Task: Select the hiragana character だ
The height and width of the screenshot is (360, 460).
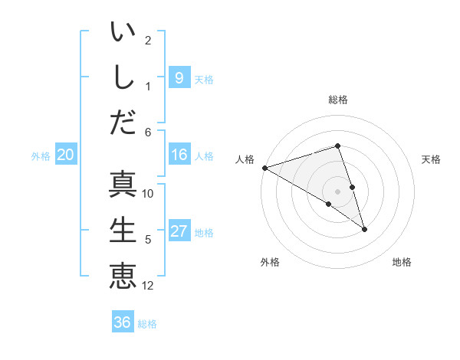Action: [123, 122]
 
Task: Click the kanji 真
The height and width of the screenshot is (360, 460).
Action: [123, 185]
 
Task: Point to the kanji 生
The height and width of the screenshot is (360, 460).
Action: [123, 230]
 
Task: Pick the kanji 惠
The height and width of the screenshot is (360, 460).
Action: [123, 275]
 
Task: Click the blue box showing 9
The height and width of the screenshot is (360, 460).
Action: [179, 77]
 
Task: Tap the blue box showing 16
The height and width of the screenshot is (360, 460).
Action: [179, 155]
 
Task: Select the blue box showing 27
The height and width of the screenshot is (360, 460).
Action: [179, 231]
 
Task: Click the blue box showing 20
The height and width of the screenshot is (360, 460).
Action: [65, 155]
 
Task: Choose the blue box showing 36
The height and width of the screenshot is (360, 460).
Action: [122, 322]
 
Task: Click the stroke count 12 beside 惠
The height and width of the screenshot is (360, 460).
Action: [148, 286]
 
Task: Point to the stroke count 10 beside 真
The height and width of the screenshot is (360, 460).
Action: [148, 194]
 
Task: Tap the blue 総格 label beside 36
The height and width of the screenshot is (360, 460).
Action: [147, 324]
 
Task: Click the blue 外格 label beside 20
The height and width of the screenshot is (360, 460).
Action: [41, 156]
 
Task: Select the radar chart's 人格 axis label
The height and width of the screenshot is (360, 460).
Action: [245, 159]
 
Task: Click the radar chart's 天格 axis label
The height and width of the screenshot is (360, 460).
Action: [431, 159]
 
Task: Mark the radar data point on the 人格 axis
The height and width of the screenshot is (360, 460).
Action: [264, 167]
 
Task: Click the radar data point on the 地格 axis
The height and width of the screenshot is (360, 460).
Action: [364, 229]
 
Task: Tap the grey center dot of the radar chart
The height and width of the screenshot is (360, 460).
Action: [337, 191]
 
